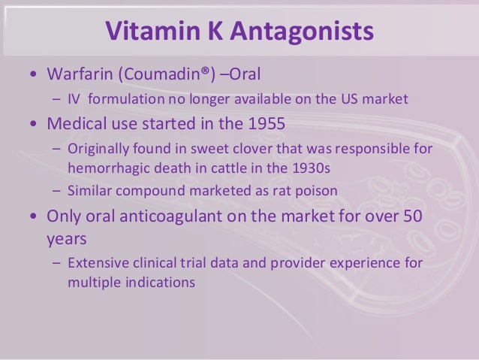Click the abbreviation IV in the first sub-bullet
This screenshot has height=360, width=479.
click(74, 98)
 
